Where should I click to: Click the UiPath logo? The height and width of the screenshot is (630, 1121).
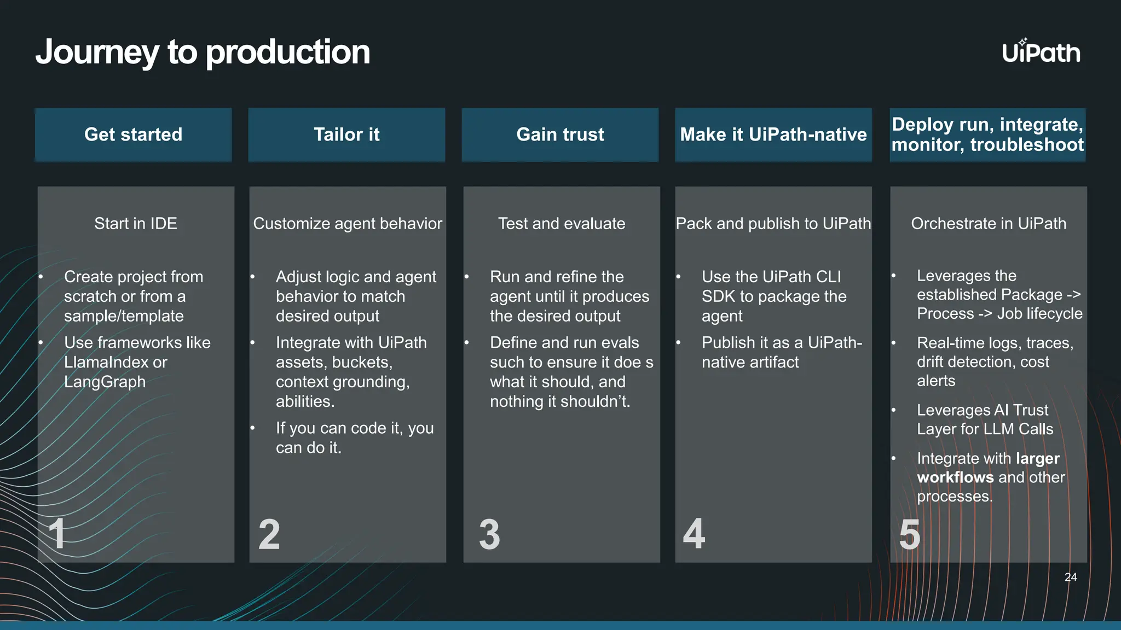[x=1041, y=52]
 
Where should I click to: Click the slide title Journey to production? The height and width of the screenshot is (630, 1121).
[x=203, y=52]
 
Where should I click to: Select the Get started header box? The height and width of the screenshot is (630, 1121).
[x=133, y=135]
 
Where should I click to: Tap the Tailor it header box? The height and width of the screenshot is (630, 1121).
[x=346, y=135]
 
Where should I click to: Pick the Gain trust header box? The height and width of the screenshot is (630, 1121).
[x=560, y=135]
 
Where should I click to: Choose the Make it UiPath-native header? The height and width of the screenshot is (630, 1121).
[x=773, y=135]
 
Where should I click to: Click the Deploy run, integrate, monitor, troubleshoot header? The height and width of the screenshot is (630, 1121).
[x=987, y=135]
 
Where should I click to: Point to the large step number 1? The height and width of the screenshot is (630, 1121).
[x=57, y=534]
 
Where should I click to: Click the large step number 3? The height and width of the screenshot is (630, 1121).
[x=489, y=534]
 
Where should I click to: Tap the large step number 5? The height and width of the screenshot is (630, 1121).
[x=910, y=534]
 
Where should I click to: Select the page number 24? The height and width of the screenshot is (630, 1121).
[x=1071, y=577]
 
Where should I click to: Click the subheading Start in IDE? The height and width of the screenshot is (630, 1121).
[x=136, y=224]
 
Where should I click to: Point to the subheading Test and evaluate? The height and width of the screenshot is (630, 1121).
[x=562, y=224]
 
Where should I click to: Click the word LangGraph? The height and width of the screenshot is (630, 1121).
[x=105, y=382]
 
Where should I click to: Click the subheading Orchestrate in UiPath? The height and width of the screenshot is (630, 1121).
[x=989, y=224]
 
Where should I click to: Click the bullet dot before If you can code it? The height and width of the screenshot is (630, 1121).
[x=253, y=428]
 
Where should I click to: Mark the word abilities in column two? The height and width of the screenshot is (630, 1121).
[x=304, y=401]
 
